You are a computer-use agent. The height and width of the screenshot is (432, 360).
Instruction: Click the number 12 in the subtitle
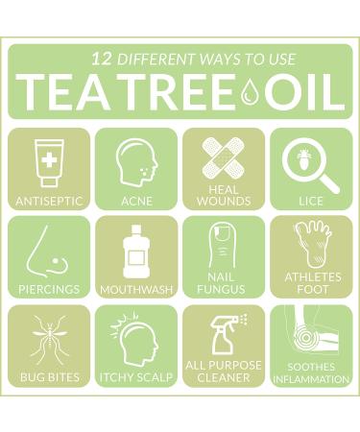(102, 60)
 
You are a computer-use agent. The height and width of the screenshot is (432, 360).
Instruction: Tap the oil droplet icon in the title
(249, 91)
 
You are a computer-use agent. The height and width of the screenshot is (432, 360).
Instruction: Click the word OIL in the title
(303, 92)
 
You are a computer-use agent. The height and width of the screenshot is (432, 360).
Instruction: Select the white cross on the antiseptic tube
(49, 159)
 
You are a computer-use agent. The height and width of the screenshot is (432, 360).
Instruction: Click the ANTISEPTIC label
(49, 202)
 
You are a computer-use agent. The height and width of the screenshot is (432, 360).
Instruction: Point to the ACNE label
(136, 202)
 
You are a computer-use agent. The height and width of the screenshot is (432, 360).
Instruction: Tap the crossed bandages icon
(224, 157)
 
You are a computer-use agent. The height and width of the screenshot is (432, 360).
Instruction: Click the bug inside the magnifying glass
(301, 156)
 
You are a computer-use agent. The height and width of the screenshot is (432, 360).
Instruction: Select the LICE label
(311, 202)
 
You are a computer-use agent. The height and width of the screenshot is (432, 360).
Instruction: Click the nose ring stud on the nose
(57, 261)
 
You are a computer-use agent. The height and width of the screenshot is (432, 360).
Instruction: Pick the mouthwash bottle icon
(136, 252)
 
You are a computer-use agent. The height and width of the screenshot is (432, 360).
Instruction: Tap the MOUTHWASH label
(136, 290)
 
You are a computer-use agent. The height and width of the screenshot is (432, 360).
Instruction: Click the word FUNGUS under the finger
(221, 289)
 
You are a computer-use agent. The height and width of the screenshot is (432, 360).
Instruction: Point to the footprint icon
(313, 245)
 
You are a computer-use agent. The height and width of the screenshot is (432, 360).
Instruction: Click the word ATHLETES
(313, 277)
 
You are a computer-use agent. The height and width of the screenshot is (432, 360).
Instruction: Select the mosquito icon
(49, 340)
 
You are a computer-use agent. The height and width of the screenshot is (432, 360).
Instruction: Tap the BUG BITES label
(50, 377)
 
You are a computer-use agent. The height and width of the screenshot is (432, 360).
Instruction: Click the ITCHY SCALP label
(136, 377)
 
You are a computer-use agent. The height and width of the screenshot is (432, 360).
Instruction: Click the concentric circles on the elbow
(305, 338)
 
